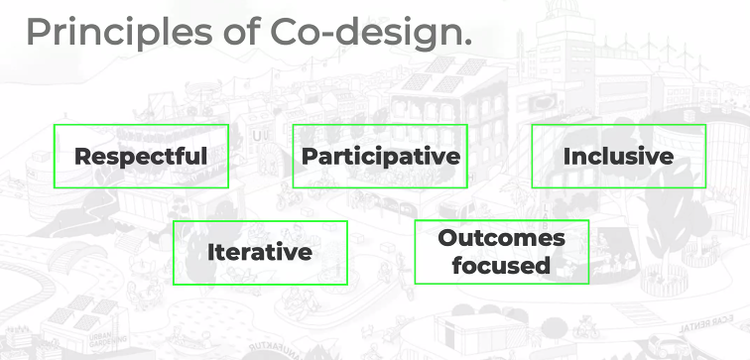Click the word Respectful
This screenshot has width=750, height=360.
tap(141, 157)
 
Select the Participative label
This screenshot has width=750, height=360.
tap(380, 157)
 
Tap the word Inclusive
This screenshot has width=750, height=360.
tap(618, 157)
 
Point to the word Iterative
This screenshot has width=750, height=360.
tap(260, 252)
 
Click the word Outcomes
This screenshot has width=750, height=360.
tap(501, 239)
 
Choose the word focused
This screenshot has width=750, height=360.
tap(501, 265)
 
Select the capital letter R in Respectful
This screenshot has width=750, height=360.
tap(82, 157)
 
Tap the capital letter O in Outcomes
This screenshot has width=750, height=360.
tap(446, 239)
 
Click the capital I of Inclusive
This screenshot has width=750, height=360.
tap(566, 157)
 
